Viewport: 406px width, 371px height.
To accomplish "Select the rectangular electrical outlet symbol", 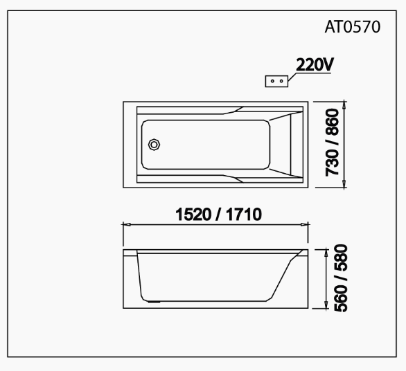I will pos(277,80).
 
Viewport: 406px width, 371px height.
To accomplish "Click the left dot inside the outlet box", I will pos(273,80).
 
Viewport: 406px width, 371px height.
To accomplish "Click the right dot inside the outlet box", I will pos(281,80).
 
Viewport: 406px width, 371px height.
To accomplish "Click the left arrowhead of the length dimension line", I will pos(126,224).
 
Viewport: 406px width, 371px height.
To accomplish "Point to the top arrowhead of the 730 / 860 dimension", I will pos(344,105).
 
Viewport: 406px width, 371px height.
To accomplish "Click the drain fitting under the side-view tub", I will pos(154,301).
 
